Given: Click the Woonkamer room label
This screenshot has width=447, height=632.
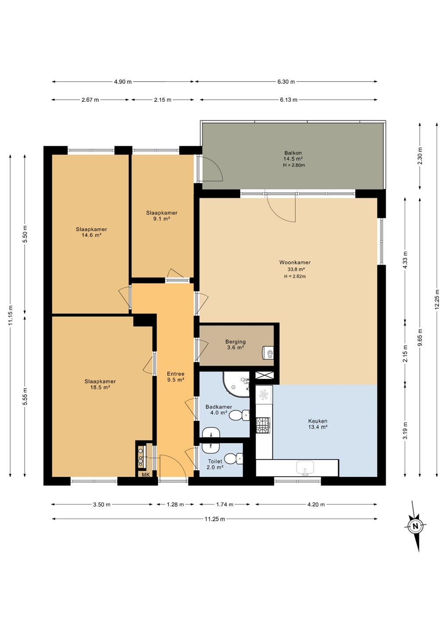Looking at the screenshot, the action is [x=295, y=262].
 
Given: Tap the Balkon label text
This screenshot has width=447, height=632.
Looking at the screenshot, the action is [x=293, y=153].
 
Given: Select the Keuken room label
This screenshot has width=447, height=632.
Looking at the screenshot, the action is [x=317, y=421].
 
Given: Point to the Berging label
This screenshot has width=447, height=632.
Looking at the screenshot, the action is [x=235, y=341].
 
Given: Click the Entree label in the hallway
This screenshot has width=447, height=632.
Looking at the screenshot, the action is [x=176, y=374].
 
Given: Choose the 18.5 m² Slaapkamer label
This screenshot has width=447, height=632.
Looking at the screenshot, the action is [x=100, y=381].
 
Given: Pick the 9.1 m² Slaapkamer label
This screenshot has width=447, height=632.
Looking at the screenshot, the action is [x=162, y=213].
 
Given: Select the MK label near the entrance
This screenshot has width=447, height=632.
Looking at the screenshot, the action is [x=146, y=475].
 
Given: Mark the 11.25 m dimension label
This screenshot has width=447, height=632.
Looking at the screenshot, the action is [x=215, y=519].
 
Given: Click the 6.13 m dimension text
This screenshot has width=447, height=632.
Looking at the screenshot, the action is [x=288, y=100].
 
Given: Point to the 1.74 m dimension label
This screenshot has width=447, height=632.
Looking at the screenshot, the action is [x=224, y=504].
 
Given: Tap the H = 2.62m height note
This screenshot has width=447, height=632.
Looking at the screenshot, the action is [x=295, y=276].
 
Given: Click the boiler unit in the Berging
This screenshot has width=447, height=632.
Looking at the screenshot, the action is [x=268, y=352].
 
